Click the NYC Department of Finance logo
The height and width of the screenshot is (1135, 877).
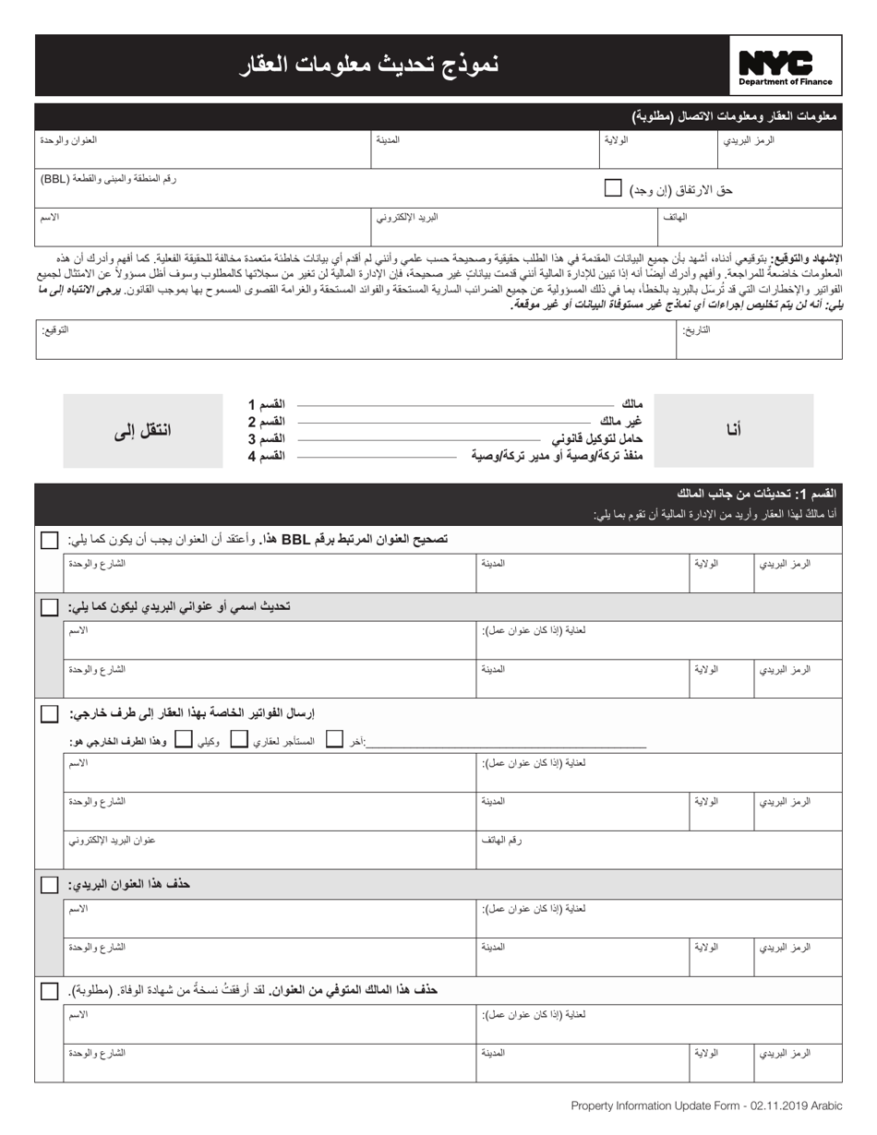tap(786, 67)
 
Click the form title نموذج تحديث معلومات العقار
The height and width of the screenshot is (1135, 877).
tap(368, 66)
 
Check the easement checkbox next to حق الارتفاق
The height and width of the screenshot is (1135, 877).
tap(613, 188)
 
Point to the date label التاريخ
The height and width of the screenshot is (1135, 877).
tap(696, 329)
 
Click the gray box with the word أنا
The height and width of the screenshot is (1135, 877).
tap(733, 430)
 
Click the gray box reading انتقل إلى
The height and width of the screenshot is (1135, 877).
tap(142, 430)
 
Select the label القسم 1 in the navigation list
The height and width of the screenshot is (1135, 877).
tap(266, 404)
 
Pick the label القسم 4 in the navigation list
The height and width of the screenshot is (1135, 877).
tap(266, 456)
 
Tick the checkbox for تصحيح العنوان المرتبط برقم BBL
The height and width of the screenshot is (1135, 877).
tap(49, 539)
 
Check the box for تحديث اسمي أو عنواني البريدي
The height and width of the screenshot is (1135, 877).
tap(49, 606)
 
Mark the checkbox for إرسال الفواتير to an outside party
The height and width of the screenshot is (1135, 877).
tap(49, 713)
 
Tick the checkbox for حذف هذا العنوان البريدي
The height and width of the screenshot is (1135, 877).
tap(49, 884)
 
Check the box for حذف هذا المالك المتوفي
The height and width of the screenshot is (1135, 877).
tap(49, 990)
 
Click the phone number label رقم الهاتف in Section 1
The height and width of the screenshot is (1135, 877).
tap(501, 841)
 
